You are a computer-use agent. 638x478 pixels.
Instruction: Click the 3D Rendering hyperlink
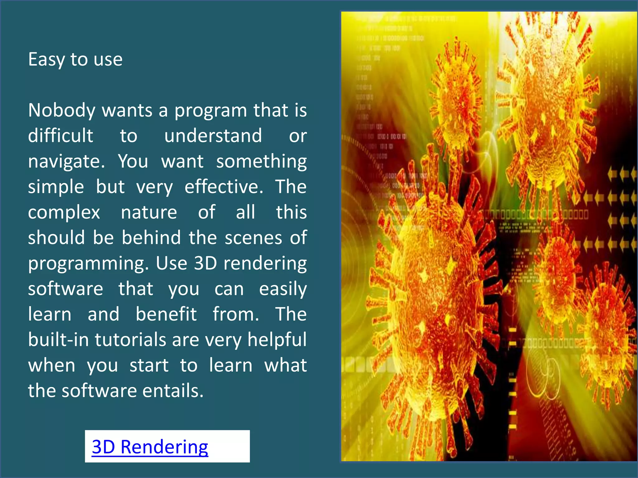(x=150, y=447)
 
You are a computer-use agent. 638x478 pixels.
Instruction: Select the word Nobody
(x=62, y=110)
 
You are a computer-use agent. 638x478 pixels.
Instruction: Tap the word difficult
(x=60, y=136)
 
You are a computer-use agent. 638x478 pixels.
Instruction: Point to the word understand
(x=213, y=136)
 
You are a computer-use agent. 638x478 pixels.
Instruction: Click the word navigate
(x=66, y=162)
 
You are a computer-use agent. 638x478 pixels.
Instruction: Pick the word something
(x=261, y=162)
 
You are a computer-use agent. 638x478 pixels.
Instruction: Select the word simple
(x=56, y=187)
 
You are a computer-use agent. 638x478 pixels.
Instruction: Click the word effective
(x=224, y=187)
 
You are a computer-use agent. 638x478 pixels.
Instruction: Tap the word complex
(x=64, y=213)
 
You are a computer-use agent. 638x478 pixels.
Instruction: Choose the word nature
(x=149, y=212)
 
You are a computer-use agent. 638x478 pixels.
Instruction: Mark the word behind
(x=151, y=238)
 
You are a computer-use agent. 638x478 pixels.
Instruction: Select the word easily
(x=283, y=289)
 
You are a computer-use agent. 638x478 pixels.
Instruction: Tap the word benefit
(x=166, y=314)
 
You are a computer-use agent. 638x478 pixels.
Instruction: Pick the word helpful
(x=277, y=340)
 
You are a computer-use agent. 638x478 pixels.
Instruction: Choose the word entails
(x=173, y=391)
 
